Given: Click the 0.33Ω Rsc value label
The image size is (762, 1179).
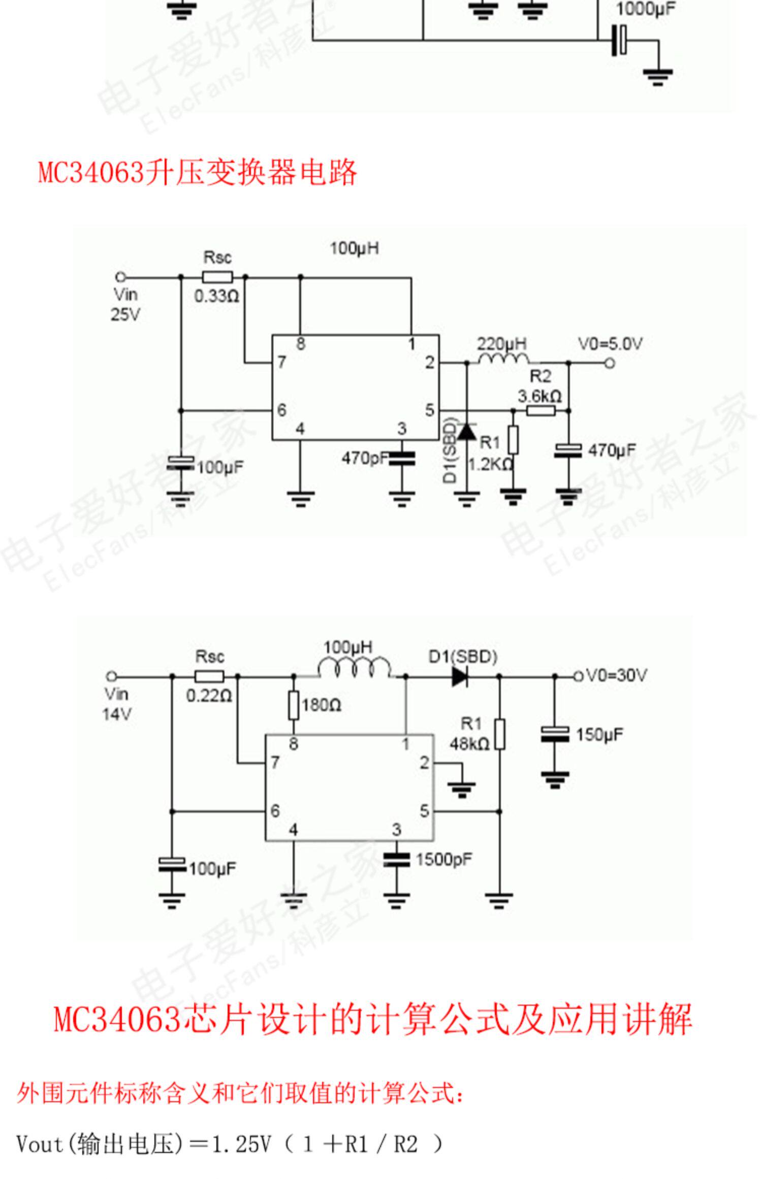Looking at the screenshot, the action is (216, 296).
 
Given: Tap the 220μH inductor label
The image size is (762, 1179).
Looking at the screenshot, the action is (501, 344).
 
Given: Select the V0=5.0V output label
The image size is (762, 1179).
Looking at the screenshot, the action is (610, 344).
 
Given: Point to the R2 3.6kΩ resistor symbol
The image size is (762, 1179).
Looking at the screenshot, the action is (541, 410).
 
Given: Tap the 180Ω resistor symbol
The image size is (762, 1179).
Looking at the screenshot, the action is (294, 705).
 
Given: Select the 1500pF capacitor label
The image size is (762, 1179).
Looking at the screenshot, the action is (443, 859).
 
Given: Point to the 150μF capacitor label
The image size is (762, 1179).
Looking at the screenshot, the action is (599, 734).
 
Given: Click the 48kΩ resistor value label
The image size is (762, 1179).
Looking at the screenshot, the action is (469, 744).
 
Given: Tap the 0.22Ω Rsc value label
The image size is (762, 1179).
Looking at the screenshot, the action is (209, 696).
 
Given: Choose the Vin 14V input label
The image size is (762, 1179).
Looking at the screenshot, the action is (117, 704).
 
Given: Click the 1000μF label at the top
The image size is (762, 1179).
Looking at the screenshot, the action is (645, 9).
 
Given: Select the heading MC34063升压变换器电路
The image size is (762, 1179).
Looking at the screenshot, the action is (198, 173).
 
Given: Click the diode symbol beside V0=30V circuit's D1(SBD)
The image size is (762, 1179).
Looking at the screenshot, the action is (460, 676).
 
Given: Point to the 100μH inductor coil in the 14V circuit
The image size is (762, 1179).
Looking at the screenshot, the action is (354, 668).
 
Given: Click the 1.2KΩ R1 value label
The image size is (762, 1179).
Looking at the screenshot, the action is (490, 464).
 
